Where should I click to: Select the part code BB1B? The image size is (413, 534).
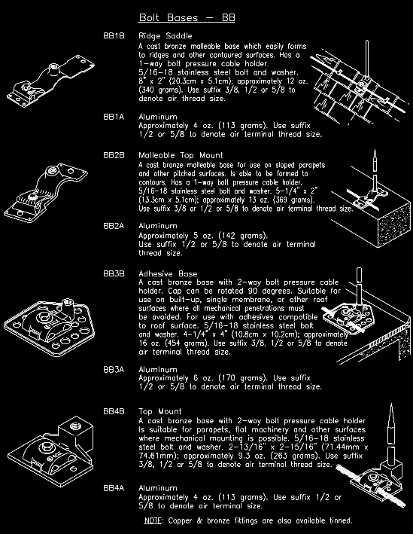[x=114, y=36]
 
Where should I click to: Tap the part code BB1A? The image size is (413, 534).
[x=114, y=117]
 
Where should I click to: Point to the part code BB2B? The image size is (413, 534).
[x=114, y=154]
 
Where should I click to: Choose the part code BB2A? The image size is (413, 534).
[x=114, y=225]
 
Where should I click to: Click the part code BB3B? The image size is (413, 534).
[x=114, y=273]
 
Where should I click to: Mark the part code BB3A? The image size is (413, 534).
[x=114, y=369]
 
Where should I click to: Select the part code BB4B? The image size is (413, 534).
[x=114, y=412]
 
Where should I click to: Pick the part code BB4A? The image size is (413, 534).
[x=114, y=488]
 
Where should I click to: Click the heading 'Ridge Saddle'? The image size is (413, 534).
[x=166, y=36]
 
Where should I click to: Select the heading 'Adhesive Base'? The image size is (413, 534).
[x=168, y=273]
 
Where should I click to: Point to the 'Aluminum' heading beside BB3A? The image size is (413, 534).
[x=157, y=369]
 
